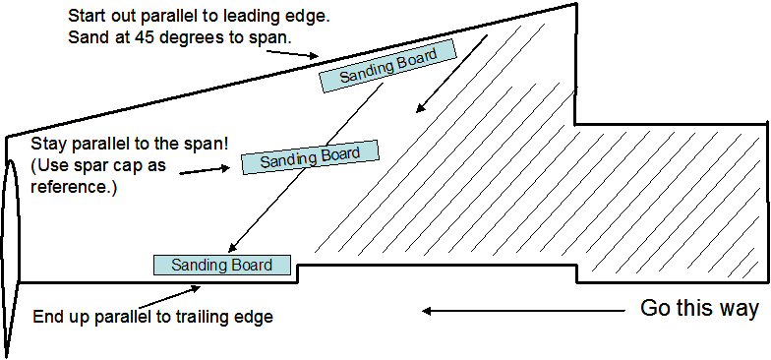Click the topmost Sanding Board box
click(x=387, y=66)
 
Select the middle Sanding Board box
click(x=311, y=157)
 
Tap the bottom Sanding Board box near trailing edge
click(x=222, y=266)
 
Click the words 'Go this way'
click(x=698, y=309)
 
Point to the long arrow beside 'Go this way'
click(x=523, y=311)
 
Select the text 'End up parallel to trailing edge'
click(x=152, y=317)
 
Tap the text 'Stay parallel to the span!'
click(x=130, y=146)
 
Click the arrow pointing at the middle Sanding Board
click(x=205, y=171)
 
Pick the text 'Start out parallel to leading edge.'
click(x=199, y=16)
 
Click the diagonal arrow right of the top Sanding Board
click(x=452, y=74)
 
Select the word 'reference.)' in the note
click(x=74, y=187)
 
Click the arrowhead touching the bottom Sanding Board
click(x=232, y=249)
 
